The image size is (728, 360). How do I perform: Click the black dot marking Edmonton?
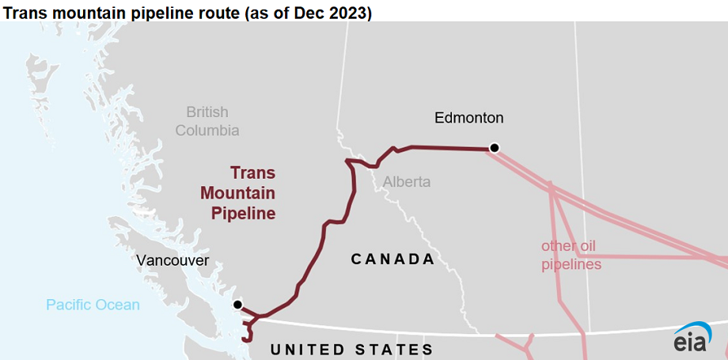coord(495,147)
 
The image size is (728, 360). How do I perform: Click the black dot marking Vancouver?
coord(237,304)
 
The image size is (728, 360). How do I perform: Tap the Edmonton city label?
coord(469,118)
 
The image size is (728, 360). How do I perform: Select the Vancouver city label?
coord(173,260)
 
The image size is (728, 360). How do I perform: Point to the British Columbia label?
coord(207,121)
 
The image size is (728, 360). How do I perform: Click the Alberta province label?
coord(407,182)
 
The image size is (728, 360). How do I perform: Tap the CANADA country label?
coord(392,259)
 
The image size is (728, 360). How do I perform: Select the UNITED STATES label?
coord(351,350)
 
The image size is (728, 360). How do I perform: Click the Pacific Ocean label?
coord(93,305)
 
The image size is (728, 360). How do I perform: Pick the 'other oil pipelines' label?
coord(571,255)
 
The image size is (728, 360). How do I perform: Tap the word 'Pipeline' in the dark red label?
coord(243,213)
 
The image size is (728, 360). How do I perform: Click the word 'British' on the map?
coord(207,112)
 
